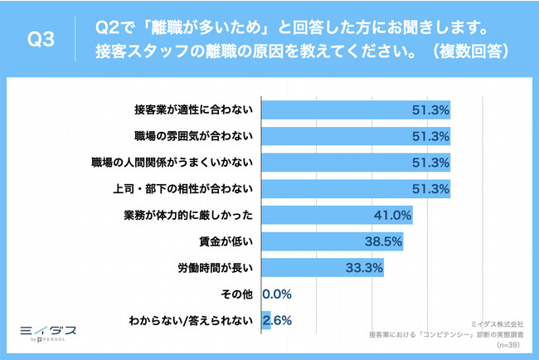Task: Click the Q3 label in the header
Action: click(x=41, y=39)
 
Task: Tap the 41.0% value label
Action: click(x=394, y=216)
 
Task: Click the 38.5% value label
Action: click(x=385, y=242)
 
